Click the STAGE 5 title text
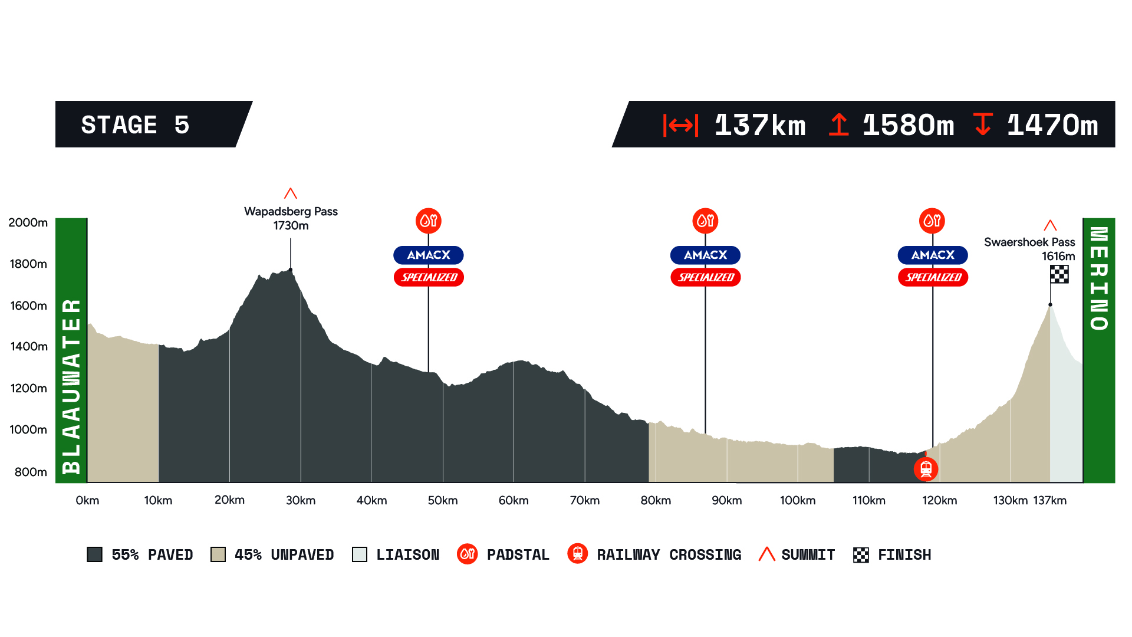pyautogui.click(x=135, y=125)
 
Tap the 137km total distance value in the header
pyautogui.click(x=759, y=125)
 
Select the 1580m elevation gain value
pyautogui.click(x=908, y=125)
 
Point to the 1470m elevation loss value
pyautogui.click(x=1052, y=125)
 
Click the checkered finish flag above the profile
pyautogui.click(x=1059, y=274)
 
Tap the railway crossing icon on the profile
pyautogui.click(x=926, y=469)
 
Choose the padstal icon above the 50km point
pyautogui.click(x=429, y=221)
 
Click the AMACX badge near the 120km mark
pyautogui.click(x=933, y=255)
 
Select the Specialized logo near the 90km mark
pyautogui.click(x=706, y=277)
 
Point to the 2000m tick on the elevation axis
pyautogui.click(x=28, y=222)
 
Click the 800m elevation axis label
pyautogui.click(x=31, y=472)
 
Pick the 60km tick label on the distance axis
pyautogui.click(x=514, y=501)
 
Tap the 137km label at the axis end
pyautogui.click(x=1049, y=501)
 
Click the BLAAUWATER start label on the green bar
pyautogui.click(x=71, y=386)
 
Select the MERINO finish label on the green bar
pyautogui.click(x=1099, y=278)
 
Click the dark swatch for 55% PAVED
pyautogui.click(x=95, y=554)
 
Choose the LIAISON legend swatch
pyautogui.click(x=360, y=554)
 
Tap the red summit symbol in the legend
pyautogui.click(x=766, y=554)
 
